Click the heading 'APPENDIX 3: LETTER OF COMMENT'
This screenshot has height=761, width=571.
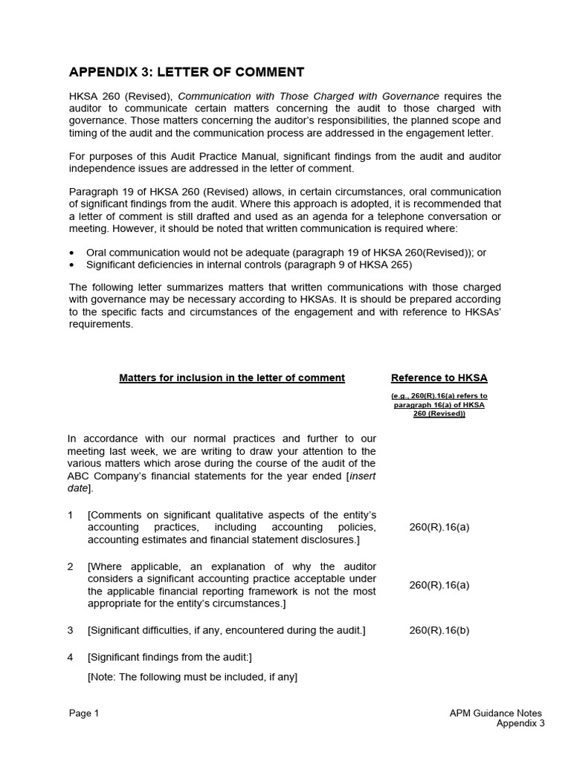point(187,72)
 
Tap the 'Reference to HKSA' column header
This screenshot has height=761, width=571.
point(439,378)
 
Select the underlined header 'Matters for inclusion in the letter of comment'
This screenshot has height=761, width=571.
point(232,378)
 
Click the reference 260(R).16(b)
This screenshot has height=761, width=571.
point(439,630)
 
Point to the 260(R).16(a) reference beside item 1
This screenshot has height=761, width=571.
point(439,527)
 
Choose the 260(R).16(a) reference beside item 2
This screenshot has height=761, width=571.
point(439,585)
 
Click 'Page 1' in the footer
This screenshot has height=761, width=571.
point(84,713)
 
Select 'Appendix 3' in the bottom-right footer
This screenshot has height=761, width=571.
point(520,724)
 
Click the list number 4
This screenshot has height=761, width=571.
point(71,657)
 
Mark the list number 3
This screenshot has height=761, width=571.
point(71,630)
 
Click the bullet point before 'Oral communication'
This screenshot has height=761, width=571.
point(71,253)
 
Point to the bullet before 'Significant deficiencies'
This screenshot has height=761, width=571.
point(71,265)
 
